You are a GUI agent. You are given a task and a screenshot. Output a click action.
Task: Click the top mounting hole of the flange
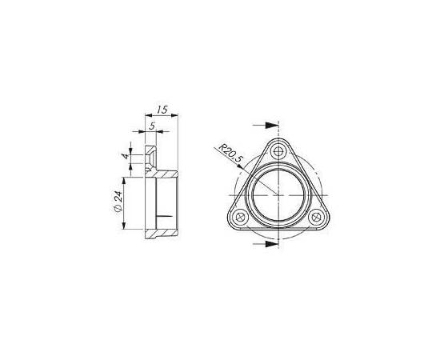278,151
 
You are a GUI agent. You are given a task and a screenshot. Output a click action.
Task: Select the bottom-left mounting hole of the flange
239,216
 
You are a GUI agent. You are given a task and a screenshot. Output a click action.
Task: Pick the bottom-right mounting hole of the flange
316,216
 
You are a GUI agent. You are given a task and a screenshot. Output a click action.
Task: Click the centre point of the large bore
278,195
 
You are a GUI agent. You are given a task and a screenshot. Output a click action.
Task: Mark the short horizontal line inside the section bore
165,216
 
